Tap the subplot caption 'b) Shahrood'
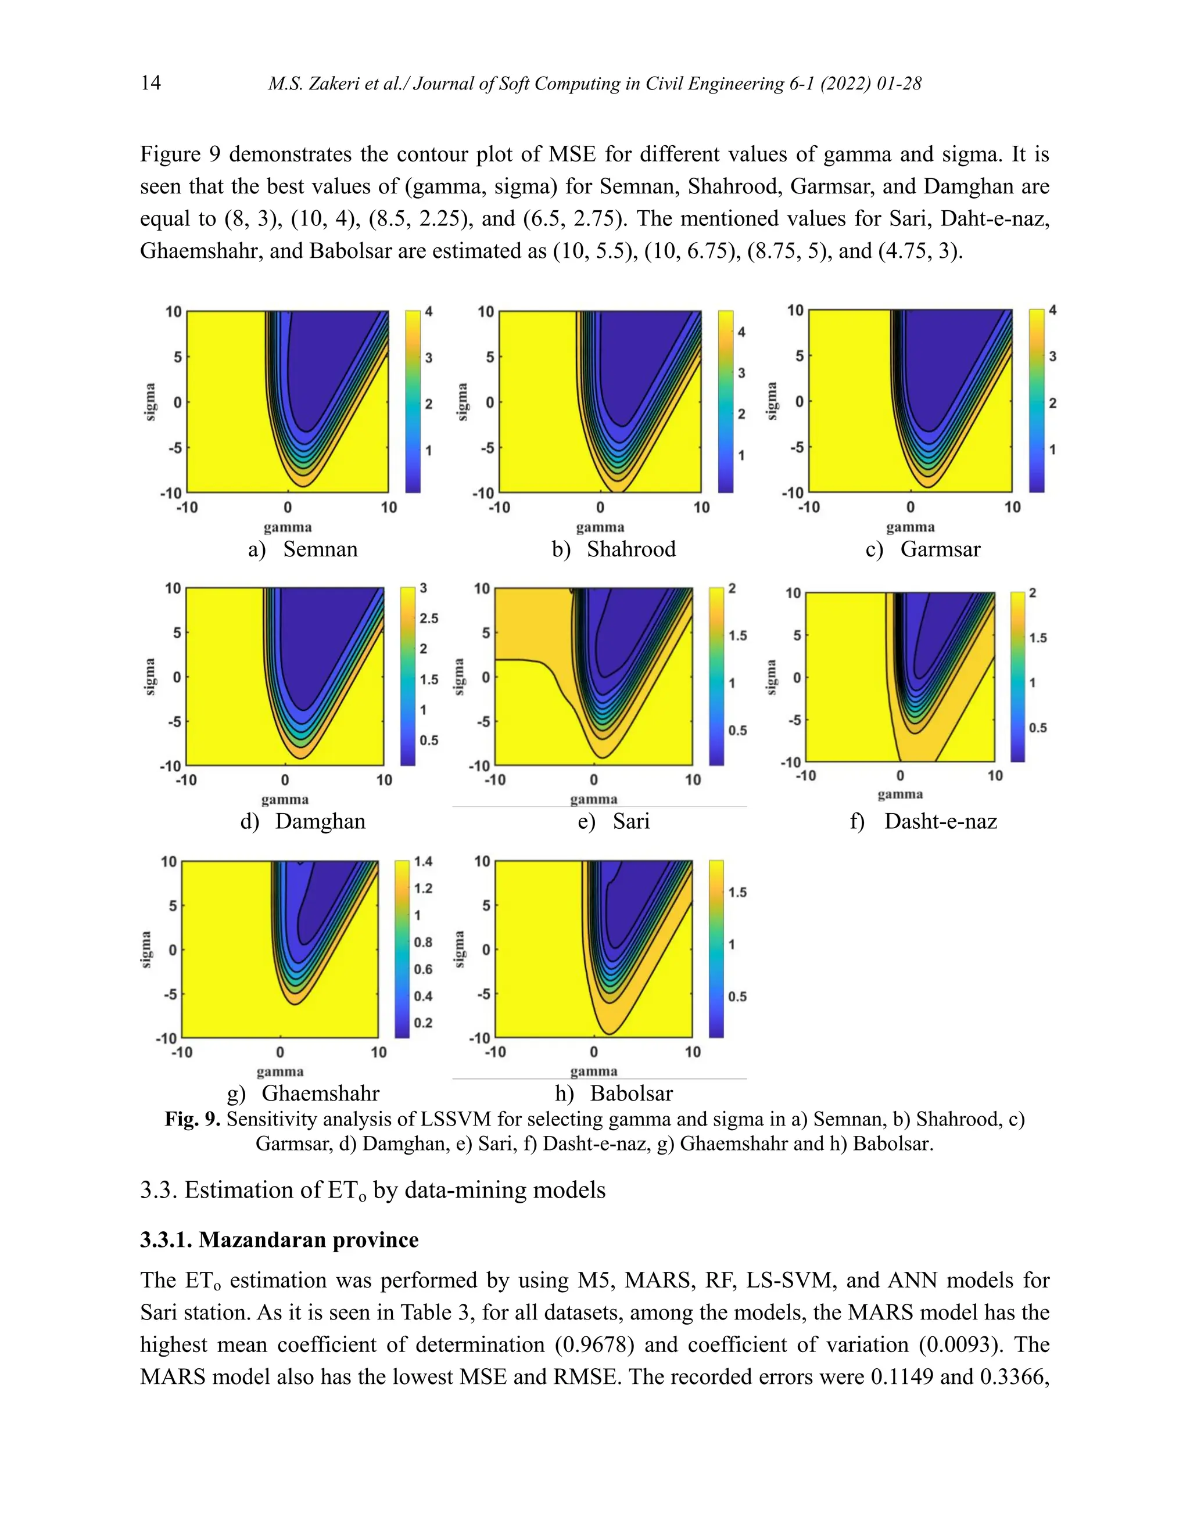(614, 549)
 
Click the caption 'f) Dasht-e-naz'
(923, 821)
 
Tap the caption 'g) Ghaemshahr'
(303, 1093)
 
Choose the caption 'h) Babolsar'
(614, 1093)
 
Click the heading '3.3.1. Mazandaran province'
(279, 1239)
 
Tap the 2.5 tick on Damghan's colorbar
(429, 618)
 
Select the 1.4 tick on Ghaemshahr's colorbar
(423, 861)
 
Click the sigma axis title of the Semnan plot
(149, 402)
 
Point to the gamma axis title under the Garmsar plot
(910, 527)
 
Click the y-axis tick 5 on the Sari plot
(485, 633)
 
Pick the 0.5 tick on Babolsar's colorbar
(737, 997)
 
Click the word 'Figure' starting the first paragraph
(169, 154)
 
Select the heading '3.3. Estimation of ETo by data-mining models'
(372, 1189)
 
